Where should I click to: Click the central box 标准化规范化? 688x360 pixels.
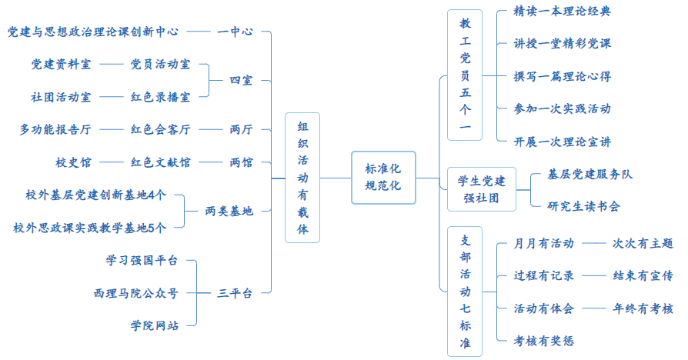(x=383, y=177)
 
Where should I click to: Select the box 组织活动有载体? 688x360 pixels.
(x=302, y=178)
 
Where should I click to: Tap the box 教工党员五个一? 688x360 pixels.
(x=465, y=75)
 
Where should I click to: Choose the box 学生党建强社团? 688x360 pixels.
(x=483, y=189)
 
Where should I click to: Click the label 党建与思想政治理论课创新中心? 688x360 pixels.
(x=93, y=32)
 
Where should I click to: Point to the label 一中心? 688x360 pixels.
(x=235, y=32)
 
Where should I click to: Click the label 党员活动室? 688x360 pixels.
(x=160, y=65)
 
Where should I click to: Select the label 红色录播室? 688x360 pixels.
(x=160, y=97)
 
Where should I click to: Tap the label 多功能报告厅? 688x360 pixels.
(x=55, y=129)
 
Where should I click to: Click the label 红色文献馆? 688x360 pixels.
(x=160, y=162)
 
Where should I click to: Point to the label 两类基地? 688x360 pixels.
(x=229, y=211)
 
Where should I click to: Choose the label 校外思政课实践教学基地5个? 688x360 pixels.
(x=90, y=228)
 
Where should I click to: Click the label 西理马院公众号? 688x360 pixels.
(x=136, y=293)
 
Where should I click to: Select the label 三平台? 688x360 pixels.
(x=235, y=292)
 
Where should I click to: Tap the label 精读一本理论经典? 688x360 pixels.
(x=563, y=12)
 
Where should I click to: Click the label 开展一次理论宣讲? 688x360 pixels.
(x=563, y=142)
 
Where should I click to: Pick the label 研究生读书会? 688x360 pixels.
(x=583, y=206)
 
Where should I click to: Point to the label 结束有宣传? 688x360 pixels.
(x=643, y=275)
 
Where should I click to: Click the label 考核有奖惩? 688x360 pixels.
(x=544, y=341)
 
